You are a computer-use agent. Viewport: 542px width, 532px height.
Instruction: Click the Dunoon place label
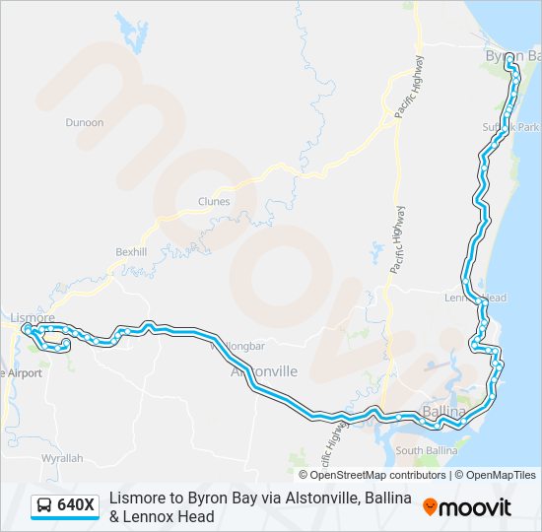tap(84, 122)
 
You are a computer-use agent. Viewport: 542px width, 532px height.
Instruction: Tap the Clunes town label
tap(213, 202)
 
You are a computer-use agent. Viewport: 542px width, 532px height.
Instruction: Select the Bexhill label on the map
tap(130, 252)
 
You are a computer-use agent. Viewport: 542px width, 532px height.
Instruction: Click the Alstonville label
tap(263, 372)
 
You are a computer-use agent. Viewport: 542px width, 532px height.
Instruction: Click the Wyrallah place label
tap(62, 459)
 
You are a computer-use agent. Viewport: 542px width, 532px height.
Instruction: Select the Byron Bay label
tap(513, 56)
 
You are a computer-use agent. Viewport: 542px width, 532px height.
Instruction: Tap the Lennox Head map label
tap(475, 298)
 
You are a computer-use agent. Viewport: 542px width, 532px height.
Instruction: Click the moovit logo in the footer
tap(467, 507)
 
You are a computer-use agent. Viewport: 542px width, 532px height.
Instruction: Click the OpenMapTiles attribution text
tap(495, 475)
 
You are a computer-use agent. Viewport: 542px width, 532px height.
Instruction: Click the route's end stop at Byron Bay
tap(508, 60)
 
